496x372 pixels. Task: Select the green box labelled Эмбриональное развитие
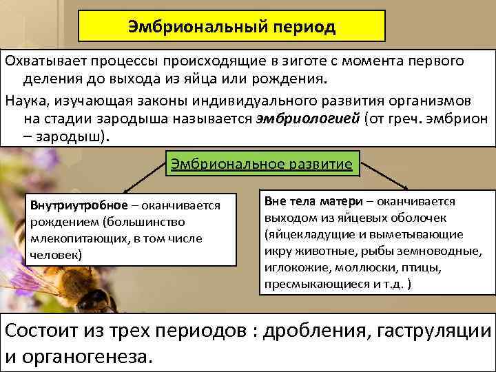pyautogui.click(x=261, y=164)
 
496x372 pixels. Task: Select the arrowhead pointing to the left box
pyautogui.click(x=123, y=192)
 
